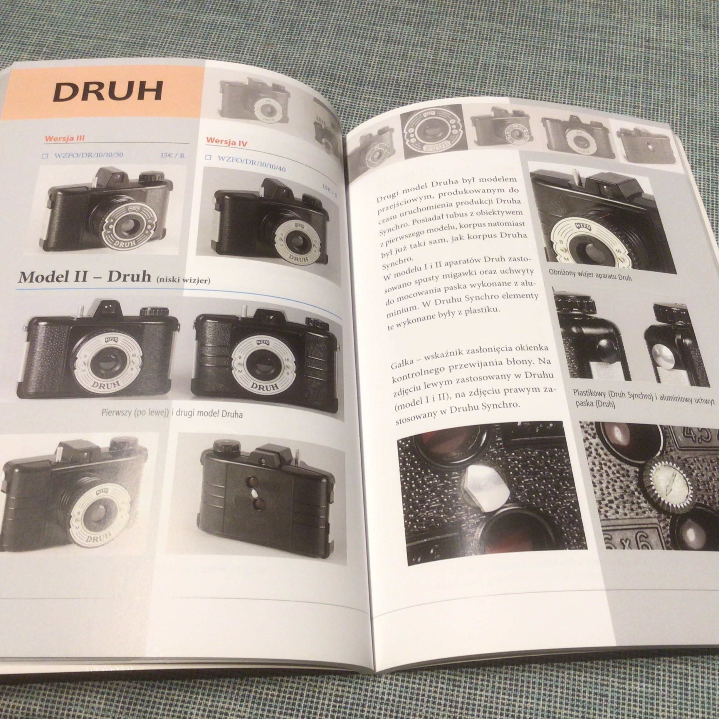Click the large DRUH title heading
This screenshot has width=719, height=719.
point(108,92)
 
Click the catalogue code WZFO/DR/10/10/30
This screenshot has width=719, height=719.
point(89,155)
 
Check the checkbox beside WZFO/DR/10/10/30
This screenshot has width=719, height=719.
point(45,156)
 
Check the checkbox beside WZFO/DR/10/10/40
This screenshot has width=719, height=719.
point(209,157)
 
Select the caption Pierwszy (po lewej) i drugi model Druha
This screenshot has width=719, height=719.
point(172,414)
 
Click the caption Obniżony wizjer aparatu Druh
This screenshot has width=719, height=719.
point(590,275)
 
